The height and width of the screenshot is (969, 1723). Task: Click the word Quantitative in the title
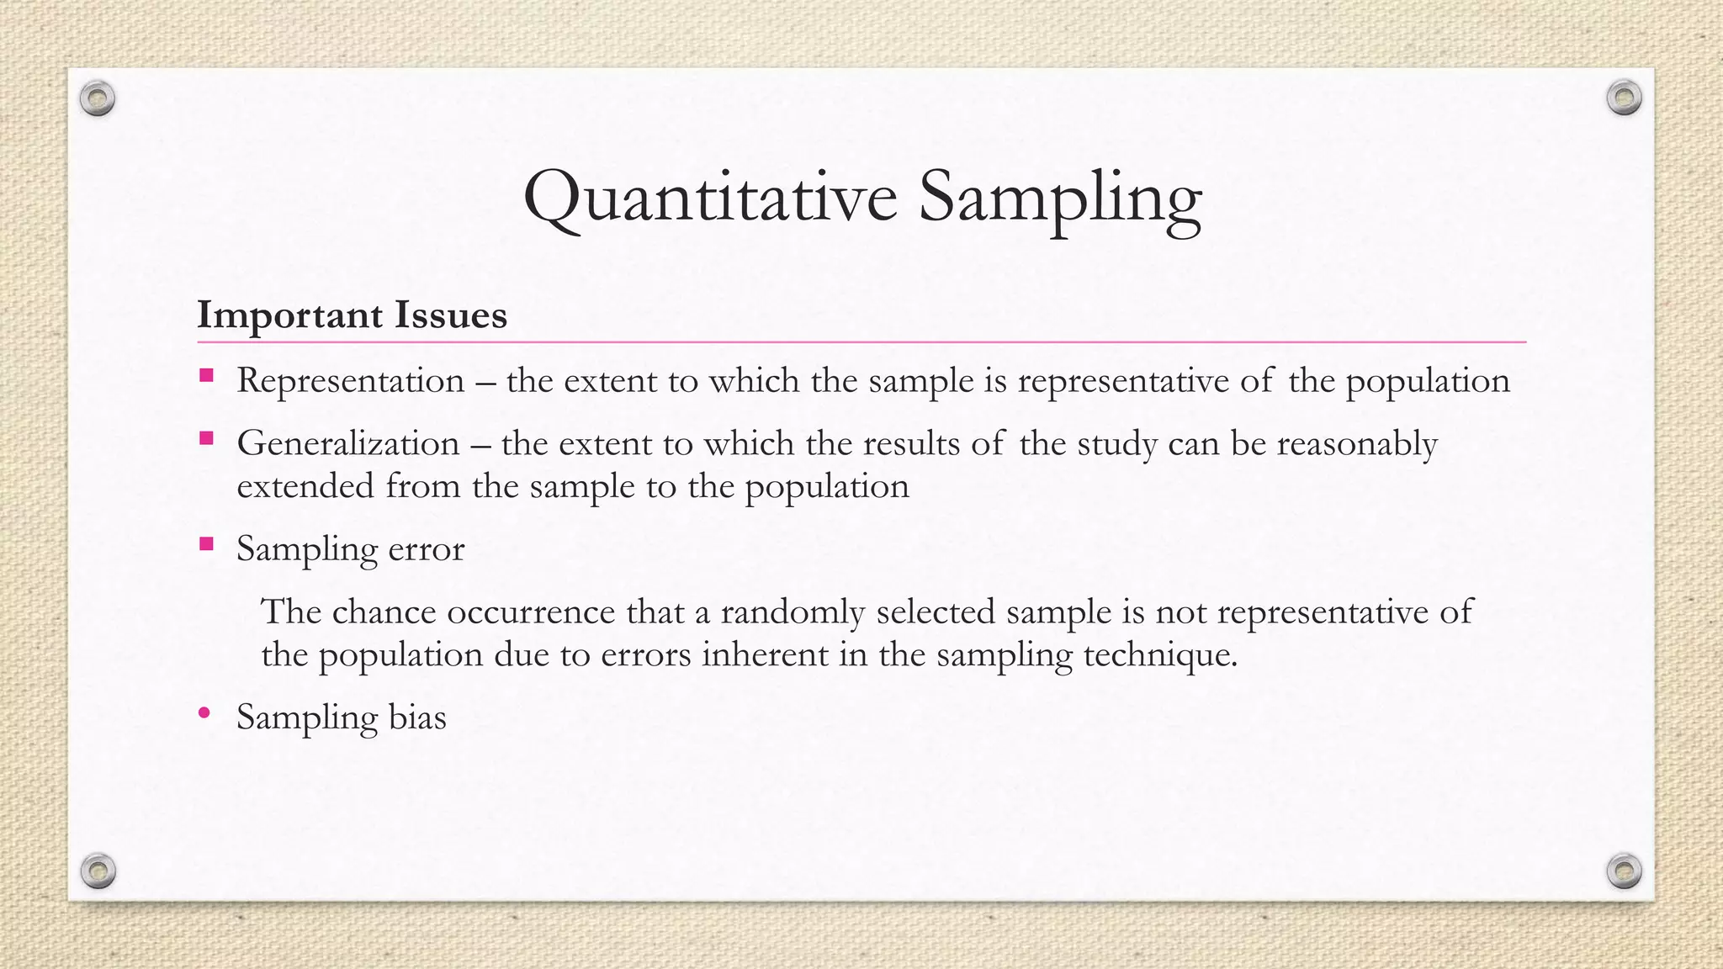[709, 199]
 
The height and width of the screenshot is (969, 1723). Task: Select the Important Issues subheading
[352, 315]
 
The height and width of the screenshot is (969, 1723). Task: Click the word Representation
[350, 381]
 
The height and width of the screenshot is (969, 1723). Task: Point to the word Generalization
[347, 443]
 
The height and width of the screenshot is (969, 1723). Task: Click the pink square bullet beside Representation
[206, 375]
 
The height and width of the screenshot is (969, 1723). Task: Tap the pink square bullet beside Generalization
[206, 438]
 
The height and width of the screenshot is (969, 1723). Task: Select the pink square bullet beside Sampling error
[206, 543]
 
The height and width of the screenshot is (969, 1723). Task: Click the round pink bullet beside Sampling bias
[204, 713]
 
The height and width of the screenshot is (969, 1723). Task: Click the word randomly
[792, 612]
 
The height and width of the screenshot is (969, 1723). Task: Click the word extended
[305, 486]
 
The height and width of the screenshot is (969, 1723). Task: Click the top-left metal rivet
[98, 99]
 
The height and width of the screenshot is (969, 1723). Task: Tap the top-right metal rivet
[1624, 98]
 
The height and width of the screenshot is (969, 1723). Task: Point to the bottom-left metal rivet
[98, 871]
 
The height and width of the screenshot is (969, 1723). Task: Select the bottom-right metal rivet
[1624, 871]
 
